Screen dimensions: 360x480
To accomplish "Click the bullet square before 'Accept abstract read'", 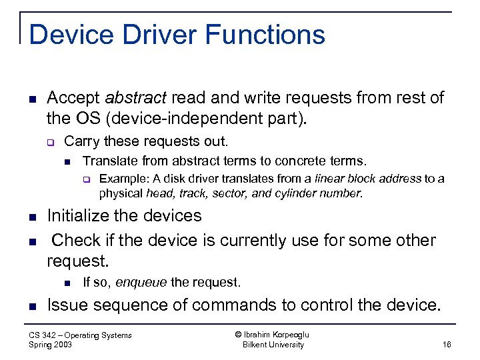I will (32, 99).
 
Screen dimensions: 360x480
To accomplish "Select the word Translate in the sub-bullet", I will (105, 161).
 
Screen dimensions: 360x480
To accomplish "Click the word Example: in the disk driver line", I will (119, 179).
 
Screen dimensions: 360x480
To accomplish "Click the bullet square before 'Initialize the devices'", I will (32, 217).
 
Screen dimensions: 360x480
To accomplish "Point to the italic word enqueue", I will (142, 282).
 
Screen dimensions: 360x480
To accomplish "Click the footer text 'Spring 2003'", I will (51, 345).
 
